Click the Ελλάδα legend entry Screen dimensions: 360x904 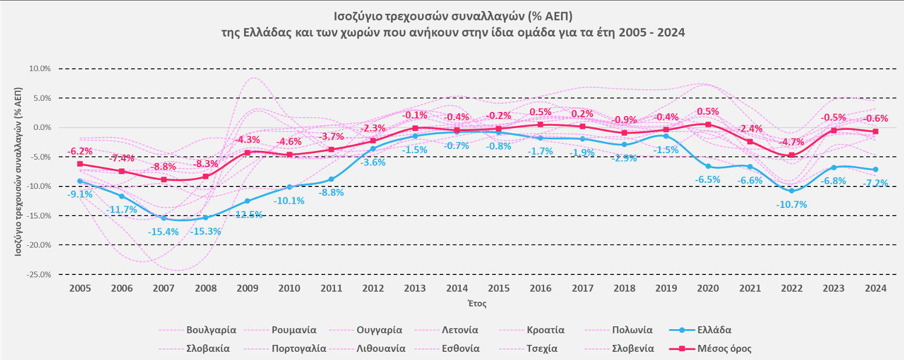[714, 330]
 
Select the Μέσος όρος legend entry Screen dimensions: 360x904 [724, 349]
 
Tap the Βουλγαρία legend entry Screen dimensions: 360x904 [211, 330]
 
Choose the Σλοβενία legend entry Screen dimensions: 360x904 [633, 349]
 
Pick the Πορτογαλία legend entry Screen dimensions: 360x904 [299, 349]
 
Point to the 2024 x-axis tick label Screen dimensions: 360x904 [876, 288]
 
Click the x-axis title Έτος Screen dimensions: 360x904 [477, 303]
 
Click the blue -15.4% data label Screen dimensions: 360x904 [163, 232]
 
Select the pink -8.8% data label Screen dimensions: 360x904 [164, 167]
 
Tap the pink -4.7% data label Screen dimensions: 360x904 [792, 142]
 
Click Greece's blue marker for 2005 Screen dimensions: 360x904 [80, 181]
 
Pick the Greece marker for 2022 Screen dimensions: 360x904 [791, 190]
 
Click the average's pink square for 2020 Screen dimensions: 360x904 [708, 125]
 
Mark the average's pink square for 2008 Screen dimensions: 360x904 [205, 177]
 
